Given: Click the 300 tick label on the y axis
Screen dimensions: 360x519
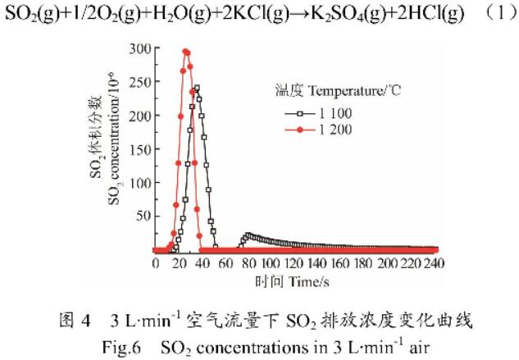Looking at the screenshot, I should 138,48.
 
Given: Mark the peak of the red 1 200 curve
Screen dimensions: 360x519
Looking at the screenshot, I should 185,51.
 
